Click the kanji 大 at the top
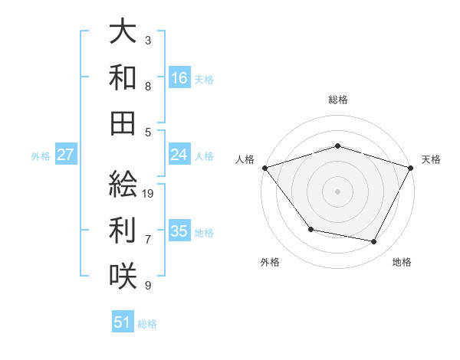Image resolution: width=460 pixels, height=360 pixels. coord(123,32)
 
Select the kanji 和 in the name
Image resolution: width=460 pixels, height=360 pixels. coord(123,77)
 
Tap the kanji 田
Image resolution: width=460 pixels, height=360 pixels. coord(123,123)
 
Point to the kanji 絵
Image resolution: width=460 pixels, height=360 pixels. coord(123,184)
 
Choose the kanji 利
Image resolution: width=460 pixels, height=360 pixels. coord(123,230)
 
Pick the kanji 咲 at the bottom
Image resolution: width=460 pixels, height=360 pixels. coord(123,276)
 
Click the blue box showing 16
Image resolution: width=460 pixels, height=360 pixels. coord(179,77)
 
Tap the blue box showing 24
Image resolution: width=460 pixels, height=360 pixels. coord(179,155)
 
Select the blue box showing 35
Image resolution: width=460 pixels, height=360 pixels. coord(179,231)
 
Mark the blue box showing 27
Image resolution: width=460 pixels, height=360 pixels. coord(66,155)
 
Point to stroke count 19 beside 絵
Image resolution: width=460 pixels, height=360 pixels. coord(149,194)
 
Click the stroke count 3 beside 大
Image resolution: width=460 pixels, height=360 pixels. coord(147,40)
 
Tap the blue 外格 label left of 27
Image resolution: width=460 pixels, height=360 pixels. coord(41,156)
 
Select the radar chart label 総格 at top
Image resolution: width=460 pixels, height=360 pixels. coord(337,100)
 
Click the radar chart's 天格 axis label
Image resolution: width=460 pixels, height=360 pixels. coord(431,159)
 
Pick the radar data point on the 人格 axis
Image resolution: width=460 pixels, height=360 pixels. coord(264,168)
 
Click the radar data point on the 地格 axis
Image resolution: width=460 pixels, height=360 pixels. coord(374,242)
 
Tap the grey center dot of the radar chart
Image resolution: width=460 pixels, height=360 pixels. coord(337,191)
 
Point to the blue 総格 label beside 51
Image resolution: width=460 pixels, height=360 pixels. coord(147,324)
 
